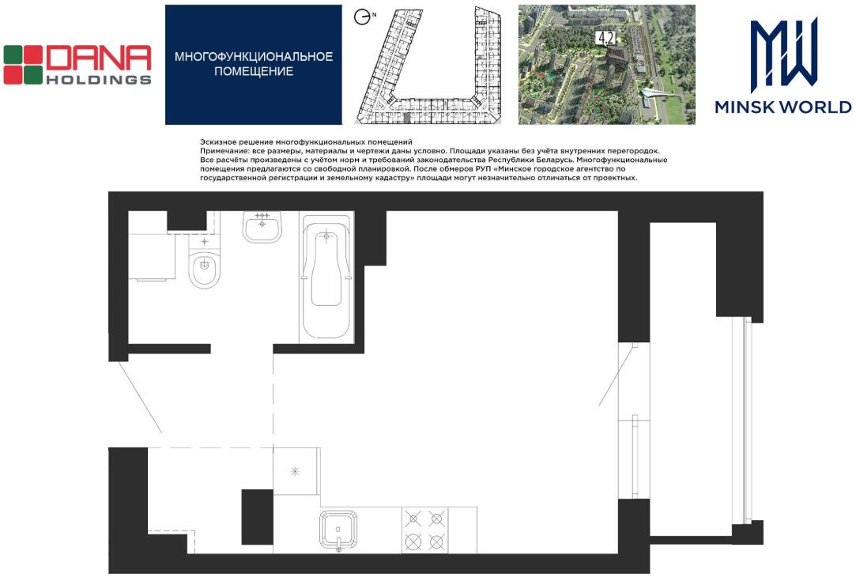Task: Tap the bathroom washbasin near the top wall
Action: [x=262, y=226]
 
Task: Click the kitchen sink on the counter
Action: [x=338, y=530]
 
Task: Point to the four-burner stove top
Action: [x=424, y=530]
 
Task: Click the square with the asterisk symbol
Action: [x=296, y=471]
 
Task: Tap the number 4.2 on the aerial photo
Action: [x=606, y=38]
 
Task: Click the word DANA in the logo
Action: [x=99, y=58]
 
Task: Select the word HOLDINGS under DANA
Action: [x=99, y=80]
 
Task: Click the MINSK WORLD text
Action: [x=782, y=107]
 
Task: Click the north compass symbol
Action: [x=361, y=17]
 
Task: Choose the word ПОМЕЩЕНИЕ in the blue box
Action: [x=253, y=71]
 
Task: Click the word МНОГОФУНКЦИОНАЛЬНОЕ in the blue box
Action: [x=253, y=57]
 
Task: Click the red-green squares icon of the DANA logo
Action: [x=23, y=65]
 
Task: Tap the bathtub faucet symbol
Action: [x=326, y=236]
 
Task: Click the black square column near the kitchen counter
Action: [x=257, y=516]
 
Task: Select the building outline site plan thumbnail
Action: [x=428, y=65]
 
